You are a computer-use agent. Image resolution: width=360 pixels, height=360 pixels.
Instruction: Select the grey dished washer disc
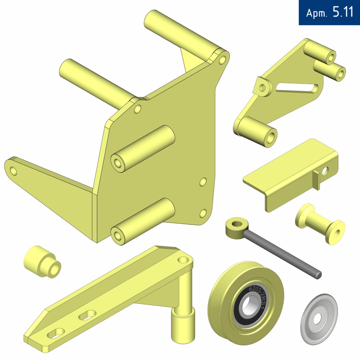319,319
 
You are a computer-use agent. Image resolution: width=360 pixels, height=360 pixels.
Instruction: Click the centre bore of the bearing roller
248,306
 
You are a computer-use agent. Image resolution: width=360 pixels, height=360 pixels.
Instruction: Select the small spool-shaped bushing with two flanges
320,224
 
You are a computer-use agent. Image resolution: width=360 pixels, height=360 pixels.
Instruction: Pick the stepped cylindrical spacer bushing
42,262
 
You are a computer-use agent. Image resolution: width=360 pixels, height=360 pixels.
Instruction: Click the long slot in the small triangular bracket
297,88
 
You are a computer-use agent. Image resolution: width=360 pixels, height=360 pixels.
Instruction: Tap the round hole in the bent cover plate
325,171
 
